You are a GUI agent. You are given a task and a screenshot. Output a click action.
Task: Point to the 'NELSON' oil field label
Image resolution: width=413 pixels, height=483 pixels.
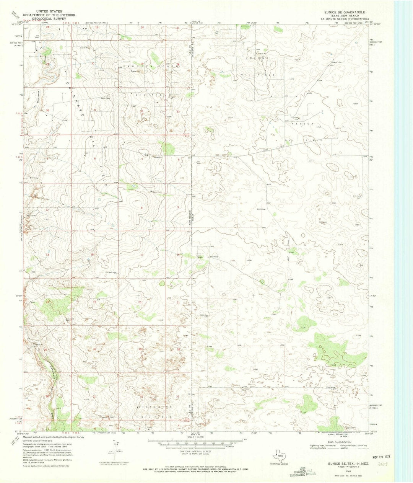(x=307, y=124)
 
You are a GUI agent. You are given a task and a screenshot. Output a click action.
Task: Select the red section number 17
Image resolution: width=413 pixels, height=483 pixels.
(x=141, y=255)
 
